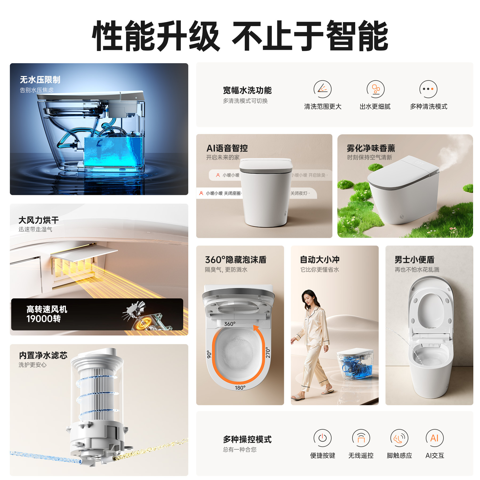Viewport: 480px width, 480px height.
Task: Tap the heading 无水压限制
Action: pyautogui.click(x=40, y=80)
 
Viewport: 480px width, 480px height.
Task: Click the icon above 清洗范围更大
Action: pyautogui.click(x=322, y=89)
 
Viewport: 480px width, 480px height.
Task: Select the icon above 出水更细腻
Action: pyautogui.click(x=375, y=89)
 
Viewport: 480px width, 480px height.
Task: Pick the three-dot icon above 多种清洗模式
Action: pyautogui.click(x=428, y=89)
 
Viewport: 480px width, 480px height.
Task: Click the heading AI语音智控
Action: pyautogui.click(x=227, y=148)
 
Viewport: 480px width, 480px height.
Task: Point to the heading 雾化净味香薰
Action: pyautogui.click(x=371, y=148)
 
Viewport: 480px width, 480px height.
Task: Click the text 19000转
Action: pyautogui.click(x=43, y=319)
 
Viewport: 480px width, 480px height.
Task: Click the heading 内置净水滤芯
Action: pyautogui.click(x=43, y=355)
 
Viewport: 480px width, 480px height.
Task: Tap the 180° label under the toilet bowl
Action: pyautogui.click(x=240, y=388)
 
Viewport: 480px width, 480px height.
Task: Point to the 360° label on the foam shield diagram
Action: pyautogui.click(x=230, y=324)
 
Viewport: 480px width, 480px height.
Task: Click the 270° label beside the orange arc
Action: pyautogui.click(x=268, y=353)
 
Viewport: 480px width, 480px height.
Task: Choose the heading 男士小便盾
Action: pyautogui.click(x=414, y=260)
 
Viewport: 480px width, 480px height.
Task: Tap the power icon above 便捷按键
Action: pyautogui.click(x=322, y=438)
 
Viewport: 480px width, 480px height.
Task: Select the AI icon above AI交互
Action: pyautogui.click(x=434, y=438)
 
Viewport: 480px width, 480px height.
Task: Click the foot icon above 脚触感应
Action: pyautogui.click(x=399, y=438)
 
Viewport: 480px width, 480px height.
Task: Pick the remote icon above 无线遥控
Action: pyautogui.click(x=361, y=438)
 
